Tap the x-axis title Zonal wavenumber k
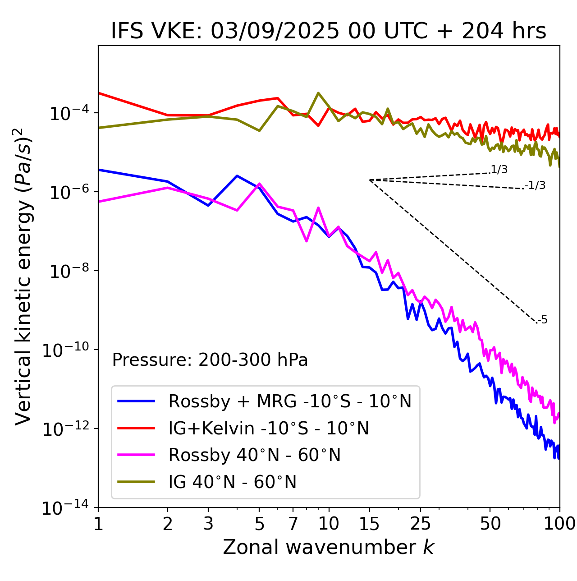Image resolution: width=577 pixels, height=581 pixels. coord(328,547)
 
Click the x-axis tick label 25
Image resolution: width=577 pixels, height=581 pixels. coord(420,524)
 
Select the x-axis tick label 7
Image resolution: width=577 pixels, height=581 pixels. coord(293,524)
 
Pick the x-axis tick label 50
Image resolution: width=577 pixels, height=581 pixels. coord(490,524)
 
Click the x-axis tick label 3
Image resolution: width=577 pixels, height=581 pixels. coord(208,524)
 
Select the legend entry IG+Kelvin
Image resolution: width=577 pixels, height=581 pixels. coord(269,428)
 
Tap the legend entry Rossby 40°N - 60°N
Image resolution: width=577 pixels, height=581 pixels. coord(254,455)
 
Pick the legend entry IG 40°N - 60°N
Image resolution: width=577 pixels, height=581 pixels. coord(232,482)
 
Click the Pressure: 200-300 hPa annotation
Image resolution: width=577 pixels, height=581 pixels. coord(210,360)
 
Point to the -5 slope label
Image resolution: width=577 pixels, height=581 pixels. coord(542,320)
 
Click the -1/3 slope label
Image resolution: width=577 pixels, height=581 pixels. coord(536,185)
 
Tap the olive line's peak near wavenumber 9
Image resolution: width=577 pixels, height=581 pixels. coord(318,93)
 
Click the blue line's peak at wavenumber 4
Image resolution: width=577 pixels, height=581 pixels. coord(237,176)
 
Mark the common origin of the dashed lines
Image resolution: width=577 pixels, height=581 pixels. coord(370,180)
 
